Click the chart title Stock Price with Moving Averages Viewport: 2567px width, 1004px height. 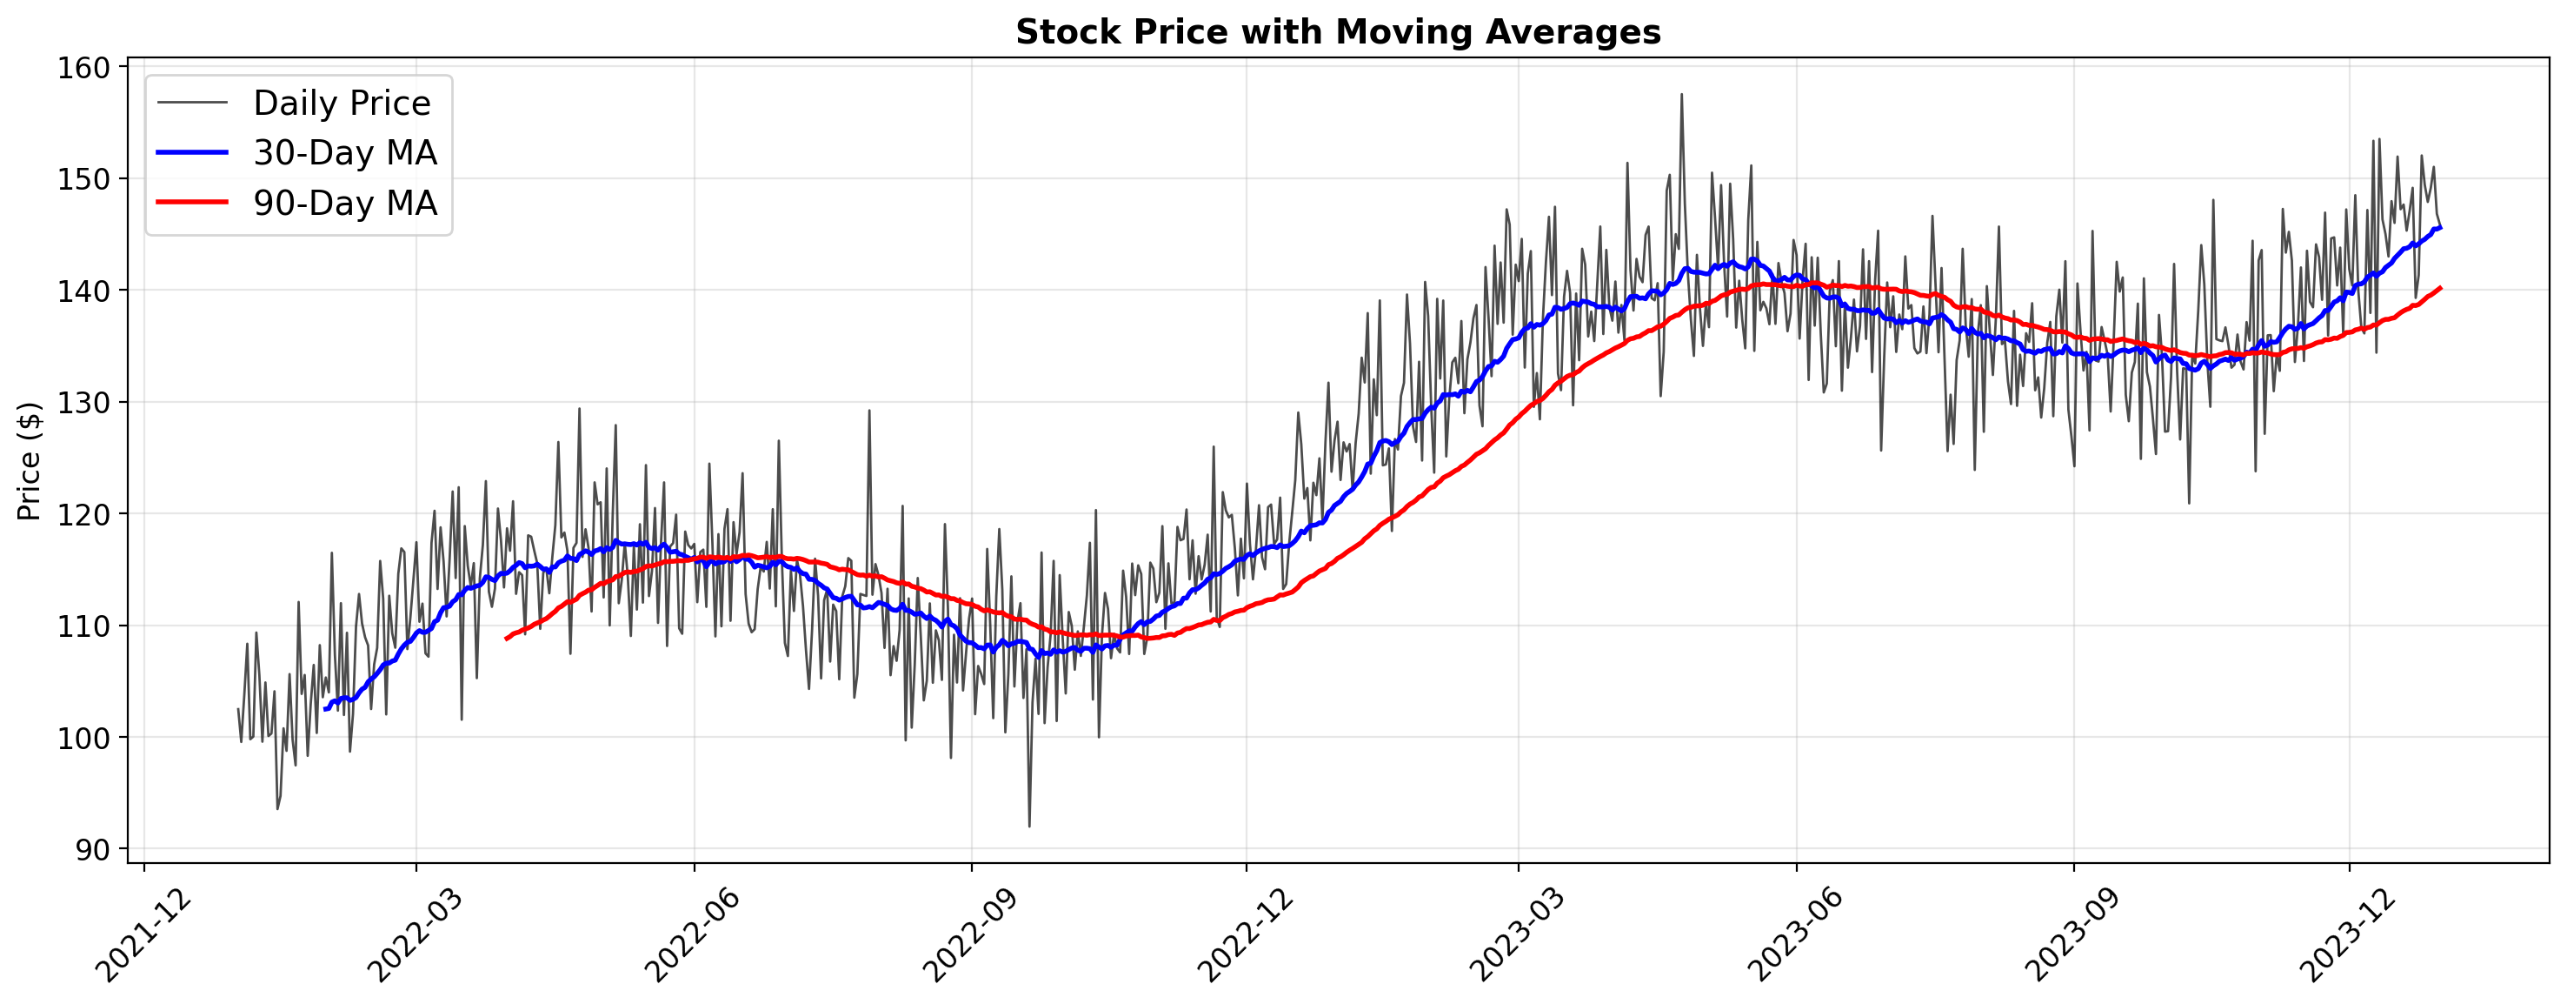(x=1337, y=33)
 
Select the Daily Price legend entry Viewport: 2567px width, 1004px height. (x=341, y=103)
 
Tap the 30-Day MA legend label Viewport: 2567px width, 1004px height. (x=345, y=152)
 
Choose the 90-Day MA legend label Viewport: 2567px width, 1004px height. (x=345, y=203)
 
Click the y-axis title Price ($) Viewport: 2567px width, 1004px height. (x=30, y=460)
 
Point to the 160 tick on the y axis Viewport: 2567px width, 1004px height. (x=87, y=68)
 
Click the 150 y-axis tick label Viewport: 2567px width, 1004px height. (x=87, y=179)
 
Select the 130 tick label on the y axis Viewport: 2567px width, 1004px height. (x=87, y=403)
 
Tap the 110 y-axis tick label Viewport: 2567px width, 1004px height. (x=87, y=626)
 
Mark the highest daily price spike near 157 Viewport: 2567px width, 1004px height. (x=1681, y=95)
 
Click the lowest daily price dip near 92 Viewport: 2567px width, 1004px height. (x=1029, y=826)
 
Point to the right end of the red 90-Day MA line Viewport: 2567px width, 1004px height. (x=2439, y=288)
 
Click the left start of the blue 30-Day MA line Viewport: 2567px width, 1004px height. (x=325, y=709)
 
